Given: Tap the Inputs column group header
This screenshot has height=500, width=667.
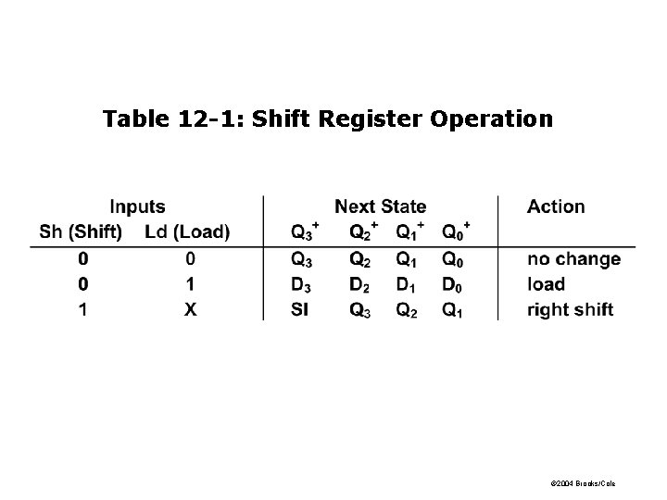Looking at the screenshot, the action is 137,206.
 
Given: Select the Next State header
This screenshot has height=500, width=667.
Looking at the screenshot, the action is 380,206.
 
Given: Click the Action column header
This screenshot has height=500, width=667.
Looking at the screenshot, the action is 556,206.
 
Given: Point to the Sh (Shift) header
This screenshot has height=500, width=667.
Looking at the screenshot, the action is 82,231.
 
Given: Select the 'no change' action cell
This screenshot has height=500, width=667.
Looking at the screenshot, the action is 573,259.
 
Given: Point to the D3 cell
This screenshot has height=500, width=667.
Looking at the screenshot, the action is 302,284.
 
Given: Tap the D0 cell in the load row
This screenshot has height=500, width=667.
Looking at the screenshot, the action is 451,284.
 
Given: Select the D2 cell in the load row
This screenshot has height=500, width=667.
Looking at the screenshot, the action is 359,284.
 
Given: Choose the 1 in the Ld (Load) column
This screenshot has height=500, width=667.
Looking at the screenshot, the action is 190,284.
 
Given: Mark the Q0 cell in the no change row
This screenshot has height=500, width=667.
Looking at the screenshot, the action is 451,259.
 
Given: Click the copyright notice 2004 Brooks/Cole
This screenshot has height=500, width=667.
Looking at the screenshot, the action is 583,484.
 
